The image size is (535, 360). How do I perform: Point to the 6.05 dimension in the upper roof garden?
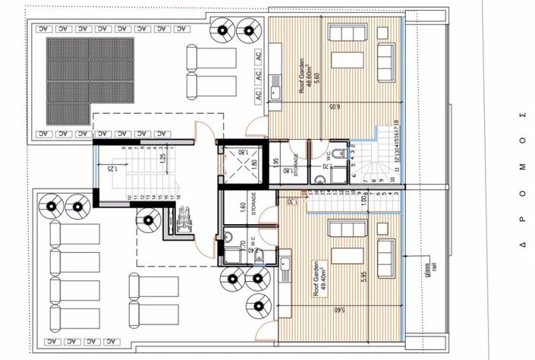pyautogui.click(x=333, y=109)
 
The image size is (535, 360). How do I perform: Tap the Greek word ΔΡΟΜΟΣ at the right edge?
pyautogui.click(x=521, y=180)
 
